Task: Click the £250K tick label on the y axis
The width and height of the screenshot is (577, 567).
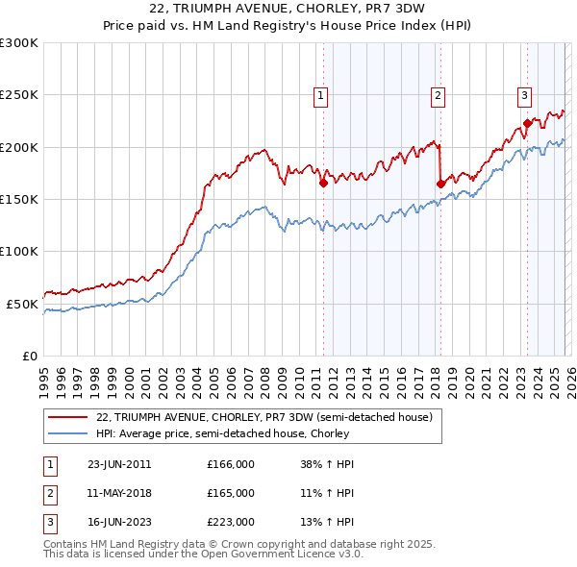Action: click(x=19, y=95)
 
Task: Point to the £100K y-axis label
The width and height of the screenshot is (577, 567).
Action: click(x=19, y=251)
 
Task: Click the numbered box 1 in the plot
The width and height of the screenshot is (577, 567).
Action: click(x=319, y=95)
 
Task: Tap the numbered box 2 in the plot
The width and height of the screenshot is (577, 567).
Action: click(x=438, y=95)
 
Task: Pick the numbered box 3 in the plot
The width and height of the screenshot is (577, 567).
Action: click(x=524, y=95)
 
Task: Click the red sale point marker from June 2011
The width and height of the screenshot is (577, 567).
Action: click(x=323, y=184)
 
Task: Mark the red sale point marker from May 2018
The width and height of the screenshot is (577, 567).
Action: click(x=440, y=184)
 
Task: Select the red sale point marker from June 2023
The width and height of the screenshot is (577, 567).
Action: click(x=527, y=123)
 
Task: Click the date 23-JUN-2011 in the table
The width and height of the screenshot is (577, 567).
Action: click(x=119, y=464)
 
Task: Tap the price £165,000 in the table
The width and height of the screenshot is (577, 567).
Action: click(x=231, y=493)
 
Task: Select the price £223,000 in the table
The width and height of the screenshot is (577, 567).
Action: click(x=231, y=522)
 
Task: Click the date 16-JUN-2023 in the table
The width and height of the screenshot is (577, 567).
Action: click(x=119, y=522)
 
